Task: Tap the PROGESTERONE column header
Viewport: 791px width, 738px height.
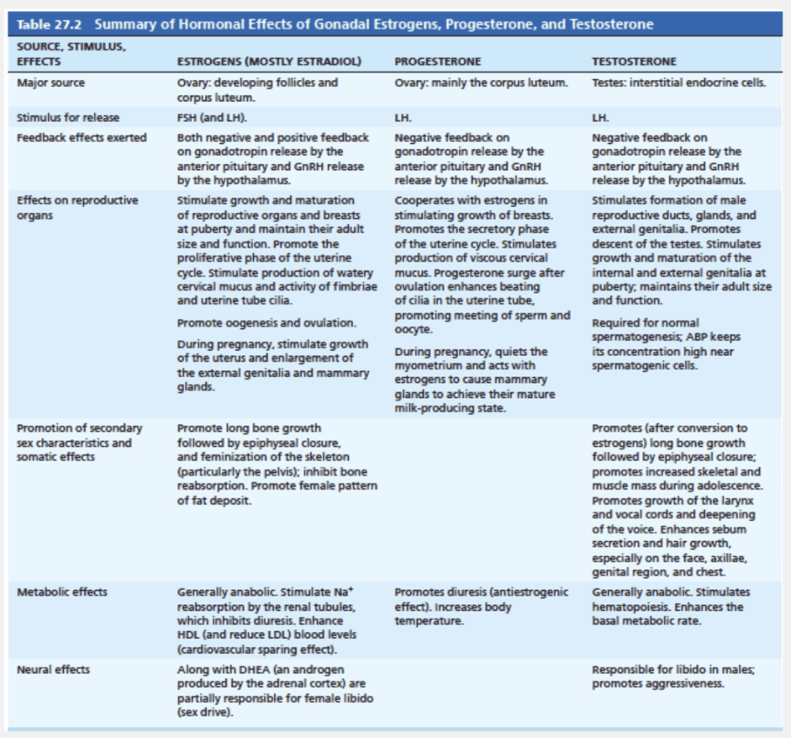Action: (437, 61)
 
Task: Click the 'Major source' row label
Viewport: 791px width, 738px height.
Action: (51, 82)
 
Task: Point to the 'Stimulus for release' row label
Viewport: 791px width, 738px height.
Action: (68, 118)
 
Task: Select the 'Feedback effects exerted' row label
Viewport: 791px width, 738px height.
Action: (81, 138)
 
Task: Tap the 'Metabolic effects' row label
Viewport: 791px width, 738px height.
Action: (62, 592)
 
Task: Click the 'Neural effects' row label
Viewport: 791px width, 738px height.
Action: (53, 669)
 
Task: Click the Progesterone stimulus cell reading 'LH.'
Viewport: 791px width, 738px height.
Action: (402, 118)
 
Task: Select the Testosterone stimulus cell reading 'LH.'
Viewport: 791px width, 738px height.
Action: (600, 118)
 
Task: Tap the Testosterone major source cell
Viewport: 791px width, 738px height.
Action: (679, 82)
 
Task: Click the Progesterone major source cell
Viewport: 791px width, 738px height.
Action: (480, 82)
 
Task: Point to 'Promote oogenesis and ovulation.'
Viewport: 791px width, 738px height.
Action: (267, 323)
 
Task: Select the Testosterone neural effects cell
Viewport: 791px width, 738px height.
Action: (672, 676)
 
